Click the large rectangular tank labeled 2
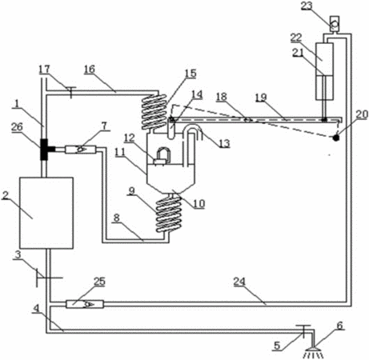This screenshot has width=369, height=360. tap(46, 213)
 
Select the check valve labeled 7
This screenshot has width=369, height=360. tap(81, 150)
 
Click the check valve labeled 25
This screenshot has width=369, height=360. tap(85, 304)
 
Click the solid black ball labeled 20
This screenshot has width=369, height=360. tap(335, 138)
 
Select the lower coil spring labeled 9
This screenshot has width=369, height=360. tap(169, 215)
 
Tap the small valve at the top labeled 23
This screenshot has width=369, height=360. tap(335, 25)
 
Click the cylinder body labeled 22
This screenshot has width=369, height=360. tap(324, 71)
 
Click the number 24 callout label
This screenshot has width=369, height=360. tap(239, 282)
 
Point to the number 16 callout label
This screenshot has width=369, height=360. tap(90, 69)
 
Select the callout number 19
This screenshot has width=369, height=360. tap(261, 98)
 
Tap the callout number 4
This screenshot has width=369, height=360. tap(36, 309)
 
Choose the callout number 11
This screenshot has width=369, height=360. tap(120, 153)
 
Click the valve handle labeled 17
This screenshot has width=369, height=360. tap(70, 92)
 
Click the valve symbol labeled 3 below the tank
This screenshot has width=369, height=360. tap(46, 278)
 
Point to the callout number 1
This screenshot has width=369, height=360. tap(17, 104)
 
